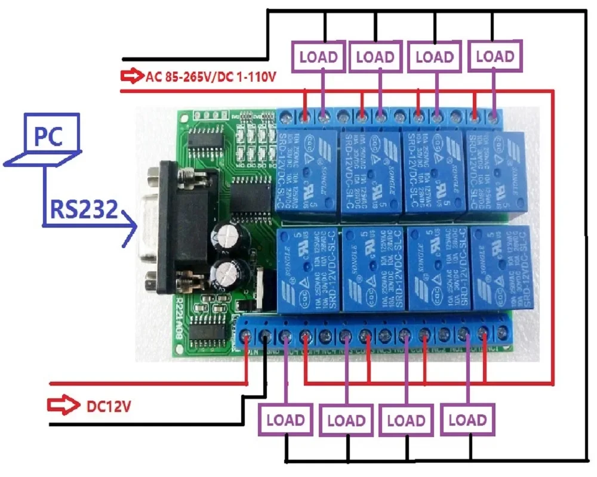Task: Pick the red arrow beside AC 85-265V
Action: coord(130,76)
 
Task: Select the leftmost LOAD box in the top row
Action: coord(318,57)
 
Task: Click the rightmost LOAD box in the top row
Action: coord(495,57)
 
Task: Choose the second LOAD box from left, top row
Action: coord(375,57)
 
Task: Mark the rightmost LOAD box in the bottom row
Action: coord(468,419)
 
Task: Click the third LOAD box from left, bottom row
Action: coord(407,419)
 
